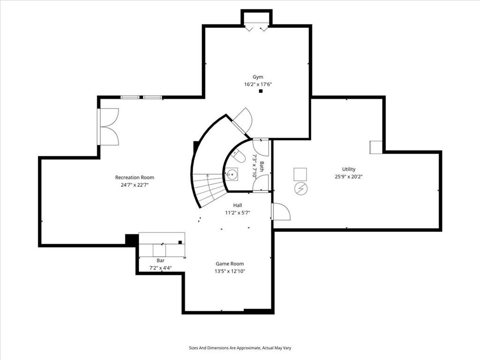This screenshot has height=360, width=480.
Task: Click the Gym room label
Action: pos(258,77)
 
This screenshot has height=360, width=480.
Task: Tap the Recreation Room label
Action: pos(135,178)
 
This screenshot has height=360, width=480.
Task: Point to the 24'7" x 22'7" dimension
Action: pos(135,185)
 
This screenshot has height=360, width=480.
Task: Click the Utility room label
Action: pos(348,169)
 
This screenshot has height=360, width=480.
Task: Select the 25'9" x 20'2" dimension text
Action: pos(349,177)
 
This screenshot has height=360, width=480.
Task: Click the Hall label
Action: pos(238,205)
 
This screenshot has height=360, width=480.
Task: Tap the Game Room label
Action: pos(230,264)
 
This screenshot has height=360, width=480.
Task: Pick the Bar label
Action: pos(160,261)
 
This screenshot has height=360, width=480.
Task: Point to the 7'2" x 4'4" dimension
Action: pos(160,268)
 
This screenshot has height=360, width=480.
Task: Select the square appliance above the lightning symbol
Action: pos(300,174)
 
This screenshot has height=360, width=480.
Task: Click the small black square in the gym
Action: pos(261,91)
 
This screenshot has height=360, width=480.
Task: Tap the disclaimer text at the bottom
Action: pos(240,348)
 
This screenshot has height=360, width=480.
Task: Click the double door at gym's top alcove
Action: pos(257,28)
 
